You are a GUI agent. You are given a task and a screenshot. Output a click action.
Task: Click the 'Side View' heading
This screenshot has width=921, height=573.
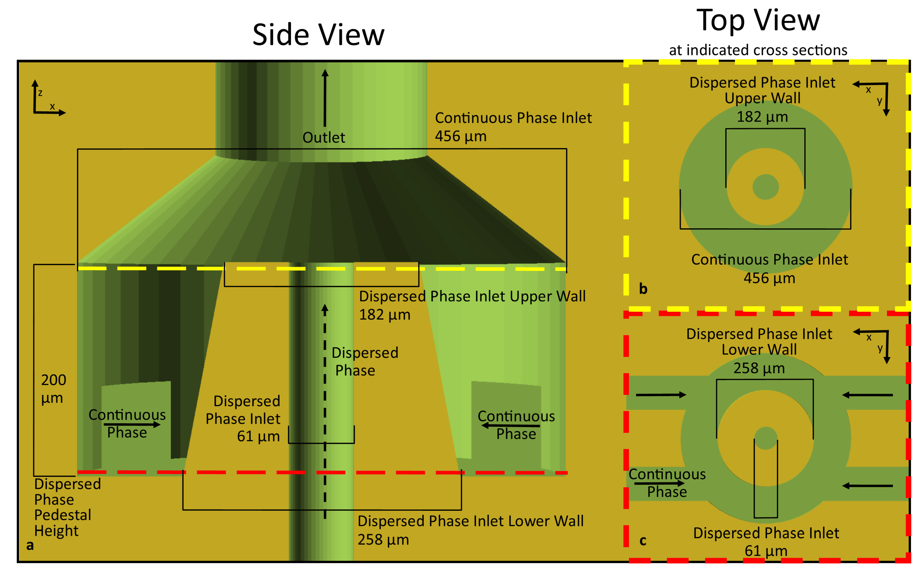(318, 35)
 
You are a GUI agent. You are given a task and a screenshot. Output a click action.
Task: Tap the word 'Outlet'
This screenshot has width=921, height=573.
(324, 138)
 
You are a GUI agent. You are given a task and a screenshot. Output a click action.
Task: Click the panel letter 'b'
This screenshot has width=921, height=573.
(643, 289)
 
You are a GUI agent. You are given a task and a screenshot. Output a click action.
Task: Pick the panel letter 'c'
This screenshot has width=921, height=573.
(643, 541)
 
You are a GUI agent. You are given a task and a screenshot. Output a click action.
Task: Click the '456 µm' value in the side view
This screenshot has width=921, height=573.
(460, 136)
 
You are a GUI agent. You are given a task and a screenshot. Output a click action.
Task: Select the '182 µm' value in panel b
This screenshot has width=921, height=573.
(762, 117)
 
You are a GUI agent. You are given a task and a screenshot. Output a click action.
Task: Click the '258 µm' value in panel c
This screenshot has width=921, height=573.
(759, 368)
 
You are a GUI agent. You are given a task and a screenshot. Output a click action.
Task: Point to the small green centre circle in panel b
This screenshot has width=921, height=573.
(765, 187)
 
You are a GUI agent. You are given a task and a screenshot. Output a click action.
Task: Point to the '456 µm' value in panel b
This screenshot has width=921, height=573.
(769, 278)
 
